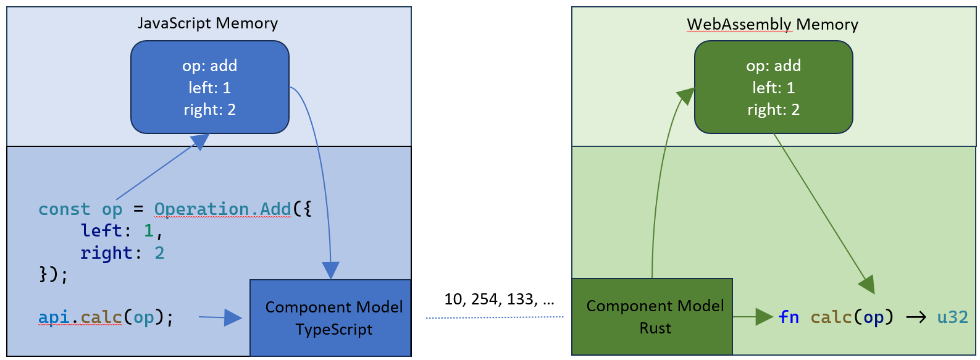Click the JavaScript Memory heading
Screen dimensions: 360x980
coord(207,23)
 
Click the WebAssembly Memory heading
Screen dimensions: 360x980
coord(773,24)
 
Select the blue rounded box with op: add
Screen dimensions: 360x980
coord(209,86)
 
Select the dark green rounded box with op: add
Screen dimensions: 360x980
coord(773,86)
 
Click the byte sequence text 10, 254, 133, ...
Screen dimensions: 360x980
coord(499,299)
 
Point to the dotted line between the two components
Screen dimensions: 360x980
coord(494,317)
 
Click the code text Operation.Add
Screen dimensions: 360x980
coord(222,209)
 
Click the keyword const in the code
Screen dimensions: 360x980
coord(64,209)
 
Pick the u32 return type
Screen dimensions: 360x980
coord(952,317)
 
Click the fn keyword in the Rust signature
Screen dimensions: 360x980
coord(789,317)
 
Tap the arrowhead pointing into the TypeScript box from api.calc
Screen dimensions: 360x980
coord(233,318)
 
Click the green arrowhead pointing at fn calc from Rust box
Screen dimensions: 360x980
coord(764,317)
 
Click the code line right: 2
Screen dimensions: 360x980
coord(122,253)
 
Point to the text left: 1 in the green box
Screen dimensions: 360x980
coord(773,88)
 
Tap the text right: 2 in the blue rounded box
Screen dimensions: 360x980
coord(209,110)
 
